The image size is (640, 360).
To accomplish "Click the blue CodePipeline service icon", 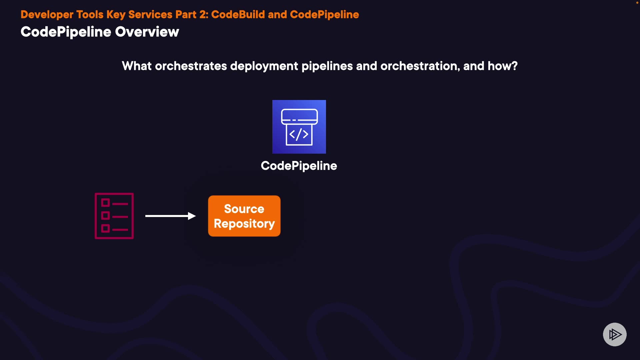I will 299,127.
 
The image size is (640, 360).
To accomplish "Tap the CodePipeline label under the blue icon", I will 299,166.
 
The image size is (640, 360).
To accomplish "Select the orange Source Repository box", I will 244,216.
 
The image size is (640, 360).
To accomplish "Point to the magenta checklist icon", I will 114,216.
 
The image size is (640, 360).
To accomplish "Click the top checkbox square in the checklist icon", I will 105,203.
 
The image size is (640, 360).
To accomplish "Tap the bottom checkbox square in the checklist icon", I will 105,228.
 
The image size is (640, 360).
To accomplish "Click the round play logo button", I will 615,334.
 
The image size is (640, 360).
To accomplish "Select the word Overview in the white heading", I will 147,32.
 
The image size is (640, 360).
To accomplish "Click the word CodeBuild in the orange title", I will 238,15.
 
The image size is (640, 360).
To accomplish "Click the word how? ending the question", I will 503,66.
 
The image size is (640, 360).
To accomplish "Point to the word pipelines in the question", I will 327,66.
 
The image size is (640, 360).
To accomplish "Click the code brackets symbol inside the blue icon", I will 299,134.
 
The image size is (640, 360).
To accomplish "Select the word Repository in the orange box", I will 244,223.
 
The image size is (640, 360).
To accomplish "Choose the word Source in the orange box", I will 244,209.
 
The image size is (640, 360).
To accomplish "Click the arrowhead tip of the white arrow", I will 193,216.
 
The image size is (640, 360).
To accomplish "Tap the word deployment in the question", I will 264,66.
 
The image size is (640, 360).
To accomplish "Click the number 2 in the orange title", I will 203,15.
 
